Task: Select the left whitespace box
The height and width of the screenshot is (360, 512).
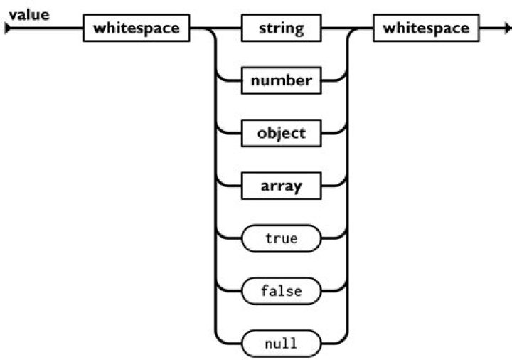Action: click(135, 29)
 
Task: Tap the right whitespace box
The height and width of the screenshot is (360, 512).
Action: click(425, 29)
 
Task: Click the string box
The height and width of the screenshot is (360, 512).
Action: click(281, 29)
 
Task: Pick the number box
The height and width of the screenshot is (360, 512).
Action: click(281, 81)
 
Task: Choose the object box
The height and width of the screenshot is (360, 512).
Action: click(281, 134)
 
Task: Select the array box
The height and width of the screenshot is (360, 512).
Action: click(281, 186)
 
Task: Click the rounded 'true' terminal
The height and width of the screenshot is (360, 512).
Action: click(281, 239)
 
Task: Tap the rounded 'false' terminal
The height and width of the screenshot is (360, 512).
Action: click(281, 292)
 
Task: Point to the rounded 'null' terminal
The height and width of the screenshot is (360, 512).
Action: click(281, 344)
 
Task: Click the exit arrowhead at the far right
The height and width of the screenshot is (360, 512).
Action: click(506, 29)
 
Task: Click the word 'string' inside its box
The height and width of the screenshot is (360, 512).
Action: click(281, 29)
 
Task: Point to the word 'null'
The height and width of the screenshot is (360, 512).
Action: click(281, 344)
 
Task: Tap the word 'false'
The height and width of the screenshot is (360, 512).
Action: click(281, 292)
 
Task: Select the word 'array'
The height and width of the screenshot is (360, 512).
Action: click(281, 186)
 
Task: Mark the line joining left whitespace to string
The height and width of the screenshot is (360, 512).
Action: click(217, 29)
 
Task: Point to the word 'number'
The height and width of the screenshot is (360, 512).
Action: click(281, 81)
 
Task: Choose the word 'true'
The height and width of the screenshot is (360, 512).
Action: click(281, 239)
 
